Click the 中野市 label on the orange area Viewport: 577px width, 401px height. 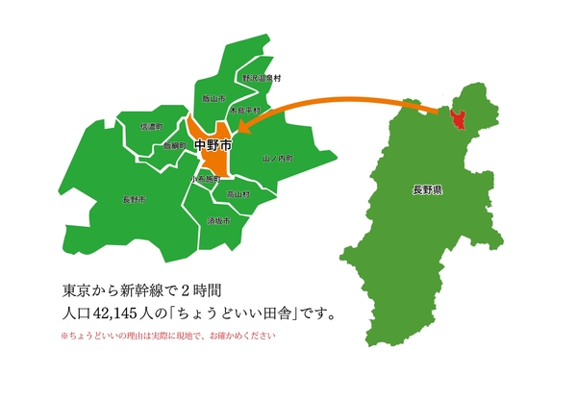[213, 146]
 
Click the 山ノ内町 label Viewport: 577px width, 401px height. [277, 157]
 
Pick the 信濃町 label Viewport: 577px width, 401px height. [151, 126]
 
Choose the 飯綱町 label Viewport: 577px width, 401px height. [174, 146]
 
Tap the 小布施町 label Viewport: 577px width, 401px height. [205, 179]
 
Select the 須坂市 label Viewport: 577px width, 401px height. [218, 221]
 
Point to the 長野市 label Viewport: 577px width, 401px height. [134, 199]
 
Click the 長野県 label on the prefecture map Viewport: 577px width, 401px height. [425, 192]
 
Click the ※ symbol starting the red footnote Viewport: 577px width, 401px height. [64, 337]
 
